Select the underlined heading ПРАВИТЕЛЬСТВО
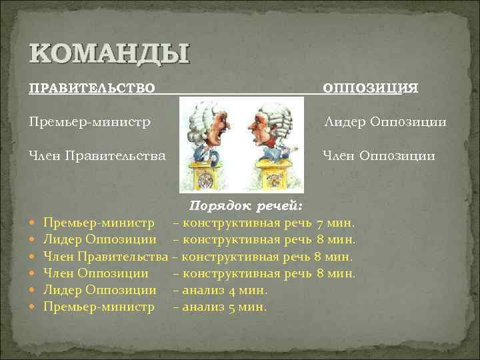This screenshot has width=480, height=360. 93,88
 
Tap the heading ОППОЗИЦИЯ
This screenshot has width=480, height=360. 371,88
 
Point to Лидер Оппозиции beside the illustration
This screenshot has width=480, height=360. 385,122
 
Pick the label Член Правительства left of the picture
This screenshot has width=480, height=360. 97,156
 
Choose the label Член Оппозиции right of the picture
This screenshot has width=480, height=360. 379,156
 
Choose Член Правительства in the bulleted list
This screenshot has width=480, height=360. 105,256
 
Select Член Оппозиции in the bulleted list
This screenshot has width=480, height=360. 96,273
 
